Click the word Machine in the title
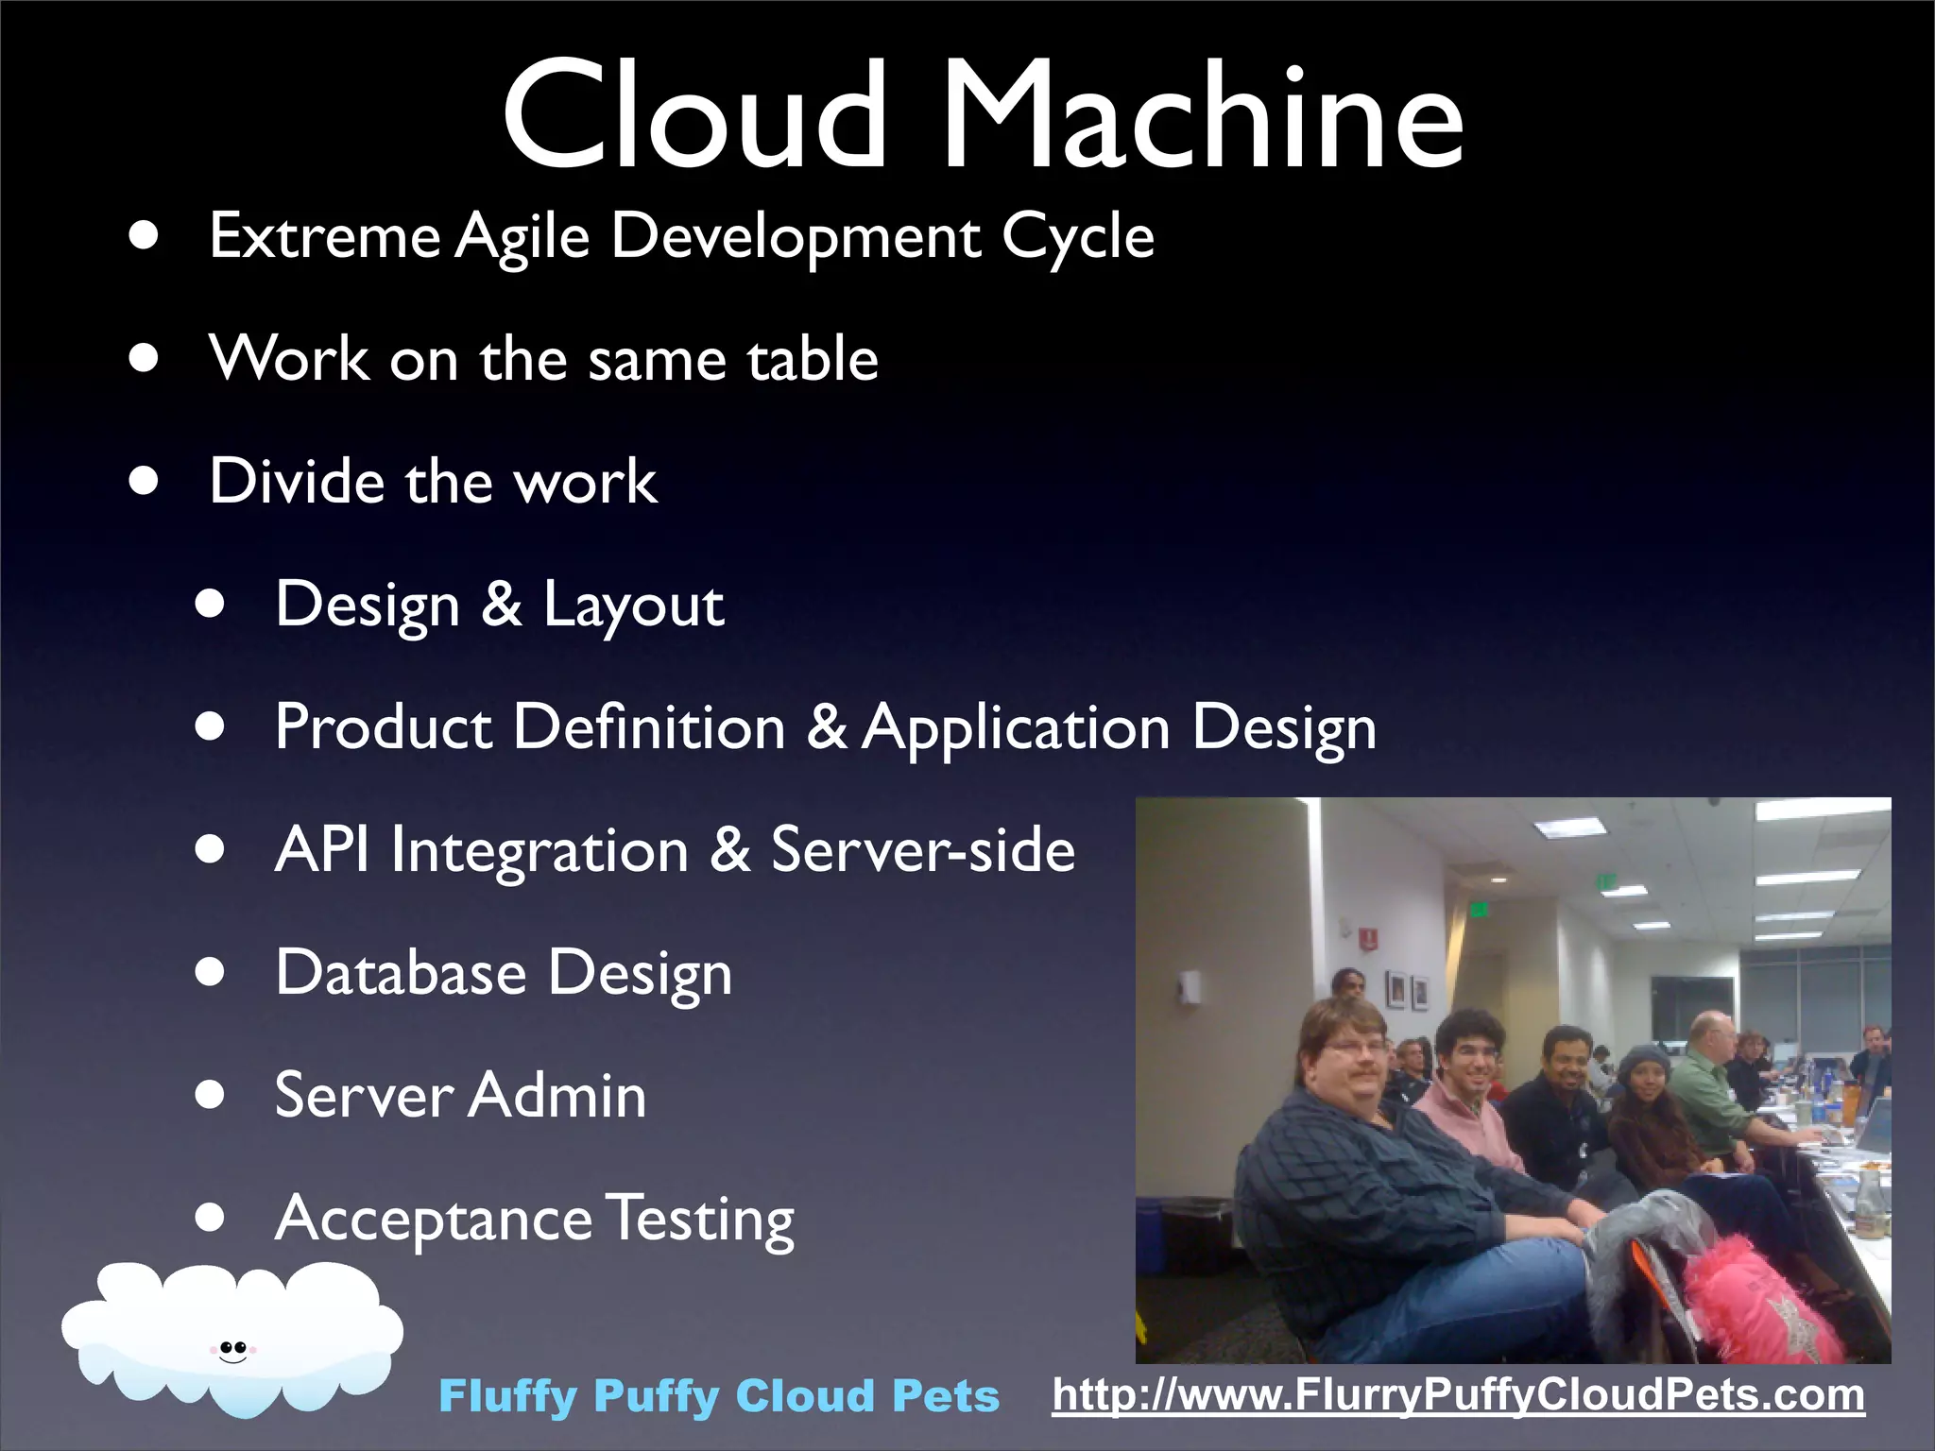click(1202, 115)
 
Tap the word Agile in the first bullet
click(522, 236)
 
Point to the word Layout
click(633, 606)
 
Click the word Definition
click(649, 727)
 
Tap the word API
click(321, 850)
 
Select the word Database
click(401, 973)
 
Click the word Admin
click(557, 1096)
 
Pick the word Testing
click(700, 1221)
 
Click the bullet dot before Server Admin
click(211, 1096)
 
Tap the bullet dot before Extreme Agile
click(145, 236)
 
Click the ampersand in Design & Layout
click(502, 605)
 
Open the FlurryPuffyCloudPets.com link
click(1458, 1395)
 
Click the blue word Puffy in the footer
click(657, 1397)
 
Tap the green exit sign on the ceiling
click(1605, 881)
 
